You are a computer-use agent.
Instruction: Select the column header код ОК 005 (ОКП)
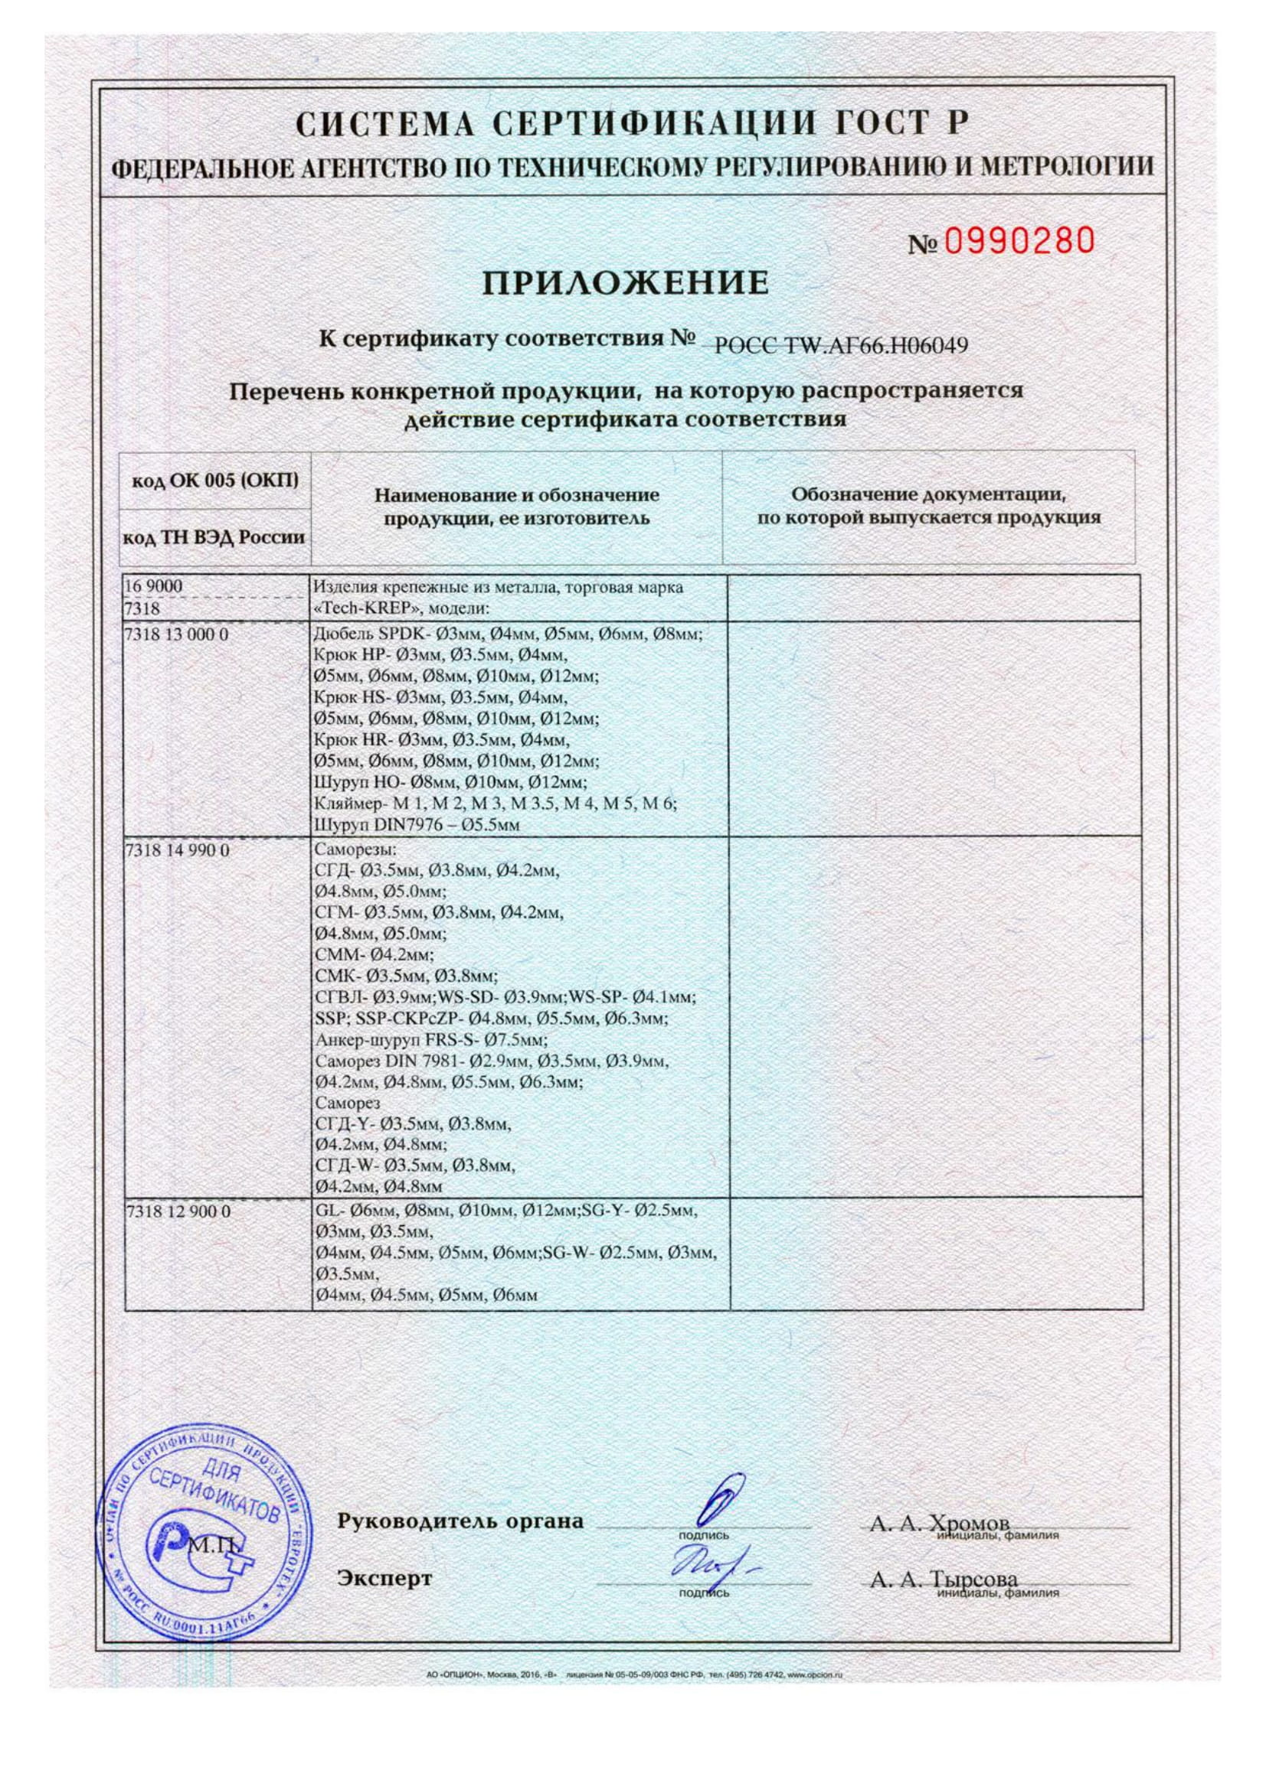coord(214,481)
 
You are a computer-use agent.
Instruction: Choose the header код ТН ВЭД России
coord(214,538)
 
